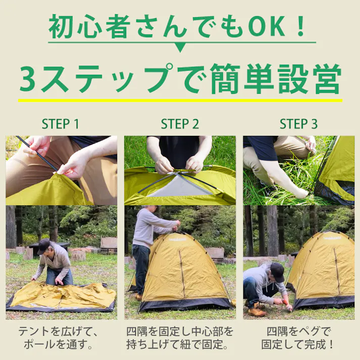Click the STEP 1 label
coord(60,124)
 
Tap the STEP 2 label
coord(180,124)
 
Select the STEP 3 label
coord(299,124)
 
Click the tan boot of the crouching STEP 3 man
coord(257,312)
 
